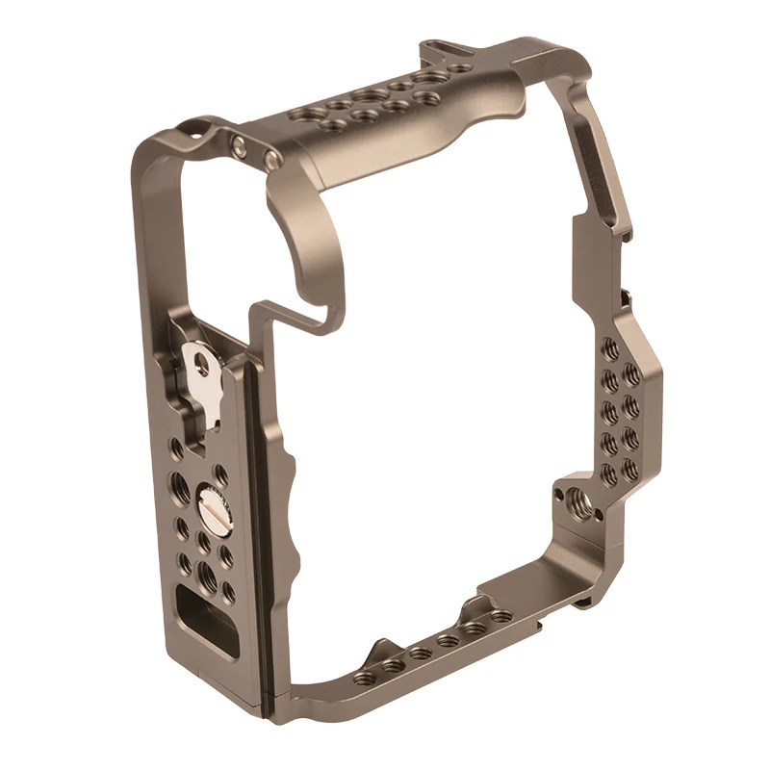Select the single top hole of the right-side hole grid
[607, 347]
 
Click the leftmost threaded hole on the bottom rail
[362, 678]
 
